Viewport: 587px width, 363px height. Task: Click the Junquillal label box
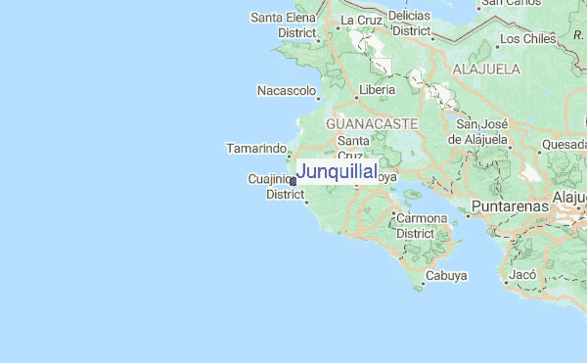[x=336, y=172]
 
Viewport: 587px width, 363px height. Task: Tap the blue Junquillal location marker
[x=293, y=181]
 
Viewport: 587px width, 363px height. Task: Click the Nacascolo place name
[x=286, y=91]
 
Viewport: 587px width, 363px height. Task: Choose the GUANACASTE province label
[x=372, y=124]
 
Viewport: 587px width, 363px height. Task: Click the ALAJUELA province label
[x=485, y=69]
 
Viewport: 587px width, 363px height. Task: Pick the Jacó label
[x=522, y=275]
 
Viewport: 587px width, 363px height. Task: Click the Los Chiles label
[x=527, y=39]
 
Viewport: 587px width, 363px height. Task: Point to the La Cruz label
[x=359, y=19]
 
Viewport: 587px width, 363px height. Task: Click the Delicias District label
[x=410, y=23]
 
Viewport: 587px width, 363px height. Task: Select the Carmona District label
[x=422, y=225]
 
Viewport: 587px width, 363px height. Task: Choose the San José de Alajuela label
[x=480, y=131]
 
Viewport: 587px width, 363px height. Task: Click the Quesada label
[x=564, y=144]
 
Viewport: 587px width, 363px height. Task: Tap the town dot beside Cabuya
[x=423, y=287]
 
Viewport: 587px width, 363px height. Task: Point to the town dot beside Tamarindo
[x=291, y=155]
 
